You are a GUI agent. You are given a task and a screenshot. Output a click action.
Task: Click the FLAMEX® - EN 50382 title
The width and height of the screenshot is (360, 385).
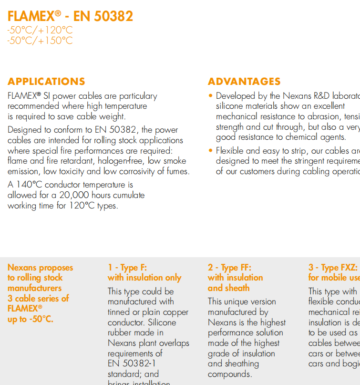tap(70, 16)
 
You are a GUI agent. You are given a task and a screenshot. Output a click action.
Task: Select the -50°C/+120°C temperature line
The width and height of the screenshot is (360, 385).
tap(40, 31)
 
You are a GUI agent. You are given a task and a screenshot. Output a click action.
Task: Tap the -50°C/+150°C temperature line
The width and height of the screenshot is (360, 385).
tap(40, 41)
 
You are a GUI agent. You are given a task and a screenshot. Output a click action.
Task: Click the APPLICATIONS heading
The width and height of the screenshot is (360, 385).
tap(46, 81)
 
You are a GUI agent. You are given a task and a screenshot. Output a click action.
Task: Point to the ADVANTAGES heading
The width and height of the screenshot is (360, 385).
tap(244, 81)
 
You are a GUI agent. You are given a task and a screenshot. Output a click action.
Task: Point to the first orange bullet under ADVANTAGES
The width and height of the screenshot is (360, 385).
tap(211, 96)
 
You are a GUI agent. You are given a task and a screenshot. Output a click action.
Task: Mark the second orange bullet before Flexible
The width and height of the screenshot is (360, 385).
tap(211, 151)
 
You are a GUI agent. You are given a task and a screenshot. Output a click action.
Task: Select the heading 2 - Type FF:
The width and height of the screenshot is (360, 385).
tap(229, 268)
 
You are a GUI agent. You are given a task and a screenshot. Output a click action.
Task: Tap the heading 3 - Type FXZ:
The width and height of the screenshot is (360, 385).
tap(333, 268)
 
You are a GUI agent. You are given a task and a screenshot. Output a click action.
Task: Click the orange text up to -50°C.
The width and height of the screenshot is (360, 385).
tap(30, 319)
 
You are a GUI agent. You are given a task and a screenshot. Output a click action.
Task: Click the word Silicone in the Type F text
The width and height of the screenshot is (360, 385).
tap(163, 323)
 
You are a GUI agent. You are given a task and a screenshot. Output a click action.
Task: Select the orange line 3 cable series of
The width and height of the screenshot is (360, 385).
tap(38, 298)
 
